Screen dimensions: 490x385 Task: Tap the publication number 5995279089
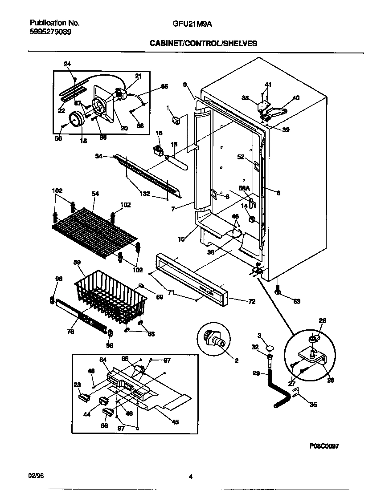50,32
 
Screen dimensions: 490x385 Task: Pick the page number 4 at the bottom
190,477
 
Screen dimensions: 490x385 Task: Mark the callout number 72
252,302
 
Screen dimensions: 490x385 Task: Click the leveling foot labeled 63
278,291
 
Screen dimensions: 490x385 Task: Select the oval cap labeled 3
270,348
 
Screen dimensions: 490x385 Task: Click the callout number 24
67,64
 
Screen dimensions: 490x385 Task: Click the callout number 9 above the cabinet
184,85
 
